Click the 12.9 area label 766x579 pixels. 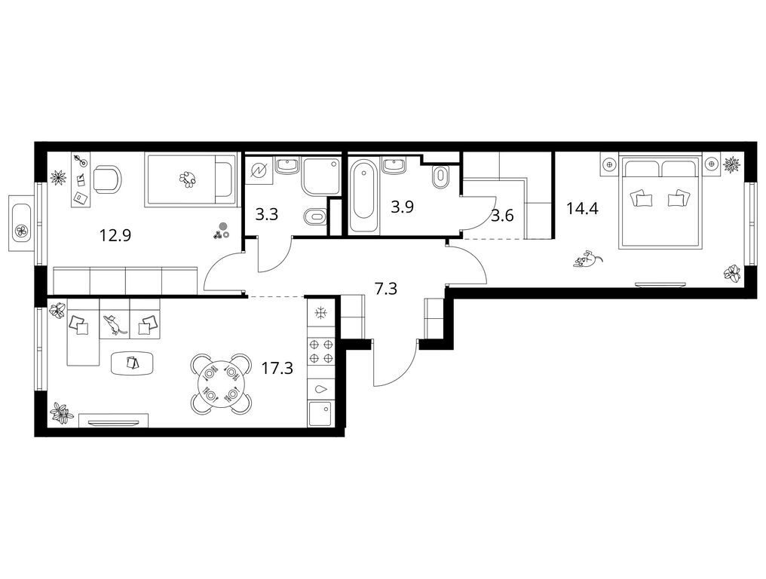116,236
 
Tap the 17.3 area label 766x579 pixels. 277,368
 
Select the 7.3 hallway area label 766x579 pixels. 385,289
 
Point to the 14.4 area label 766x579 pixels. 582,209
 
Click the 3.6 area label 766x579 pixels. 502,215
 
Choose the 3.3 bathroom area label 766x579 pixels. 267,214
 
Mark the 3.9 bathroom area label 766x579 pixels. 402,207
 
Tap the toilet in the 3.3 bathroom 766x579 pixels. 314,216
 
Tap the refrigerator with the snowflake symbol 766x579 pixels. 321,313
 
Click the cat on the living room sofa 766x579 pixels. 114,324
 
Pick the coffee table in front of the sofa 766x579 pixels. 133,363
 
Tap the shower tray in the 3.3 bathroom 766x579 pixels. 321,176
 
